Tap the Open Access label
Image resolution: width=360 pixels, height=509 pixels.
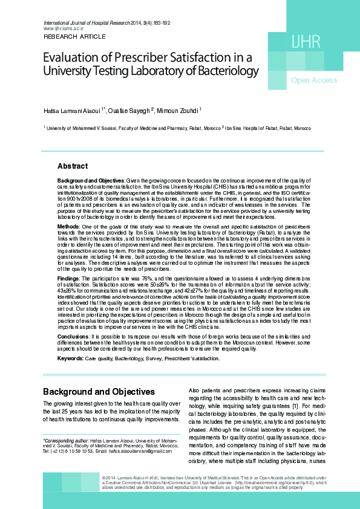(314, 80)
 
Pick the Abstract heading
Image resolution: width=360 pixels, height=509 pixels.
(72, 166)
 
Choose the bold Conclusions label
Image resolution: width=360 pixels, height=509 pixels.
(73, 336)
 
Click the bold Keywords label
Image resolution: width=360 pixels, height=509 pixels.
(70, 358)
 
